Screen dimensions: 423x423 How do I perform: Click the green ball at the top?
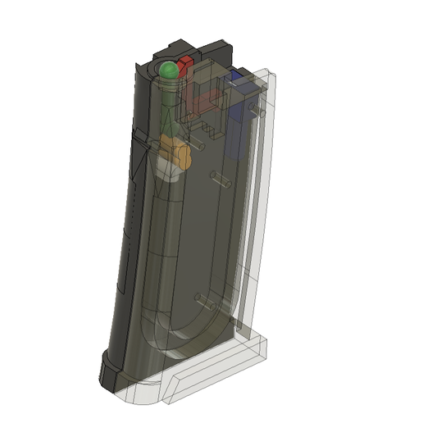[168, 70]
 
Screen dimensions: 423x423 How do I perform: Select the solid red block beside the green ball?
[185, 66]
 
